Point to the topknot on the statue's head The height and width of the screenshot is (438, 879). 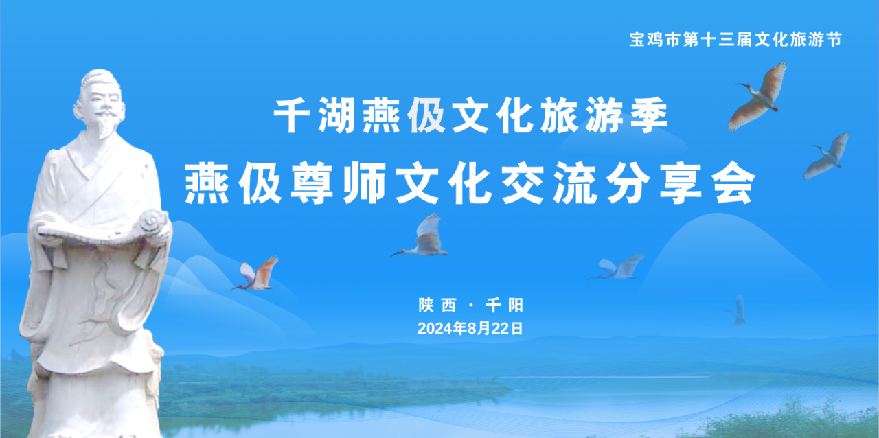[98, 74]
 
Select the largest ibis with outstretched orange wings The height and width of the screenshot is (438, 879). [758, 97]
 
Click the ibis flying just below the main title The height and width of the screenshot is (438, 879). [422, 237]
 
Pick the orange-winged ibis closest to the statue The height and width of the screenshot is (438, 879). [256, 275]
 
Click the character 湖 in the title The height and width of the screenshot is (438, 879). [336, 115]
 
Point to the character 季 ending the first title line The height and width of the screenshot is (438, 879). [649, 115]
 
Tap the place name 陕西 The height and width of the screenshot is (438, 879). [437, 305]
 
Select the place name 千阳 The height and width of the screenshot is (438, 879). [504, 305]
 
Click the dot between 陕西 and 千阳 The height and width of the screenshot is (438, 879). [471, 306]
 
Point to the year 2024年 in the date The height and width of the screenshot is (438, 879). [442, 328]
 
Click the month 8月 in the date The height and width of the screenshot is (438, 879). [479, 328]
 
